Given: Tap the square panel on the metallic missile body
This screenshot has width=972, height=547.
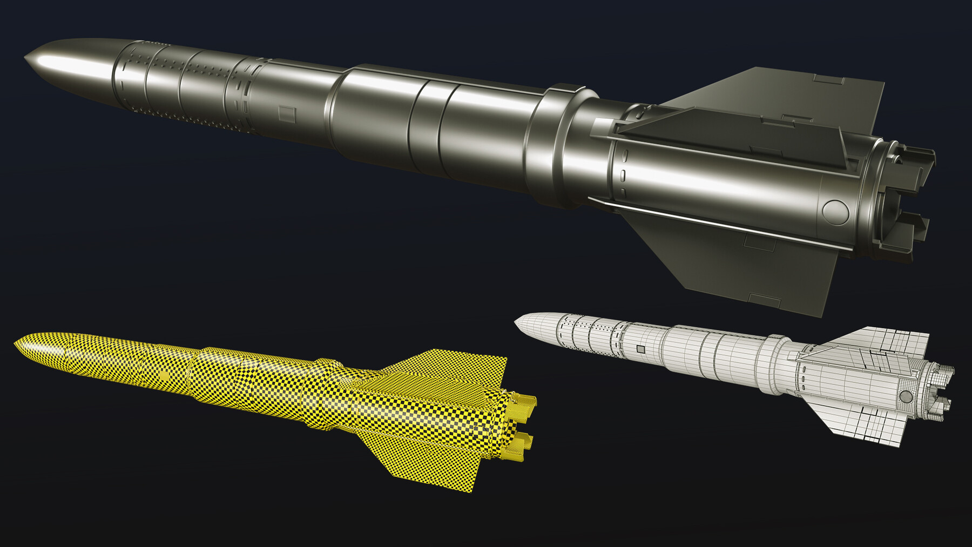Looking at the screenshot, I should click(287, 113).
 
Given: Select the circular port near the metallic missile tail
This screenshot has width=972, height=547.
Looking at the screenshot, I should click(835, 211).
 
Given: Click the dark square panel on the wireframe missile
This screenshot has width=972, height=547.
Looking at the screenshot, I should click(640, 349).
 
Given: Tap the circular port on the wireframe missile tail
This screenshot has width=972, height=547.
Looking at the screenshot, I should click(906, 396).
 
